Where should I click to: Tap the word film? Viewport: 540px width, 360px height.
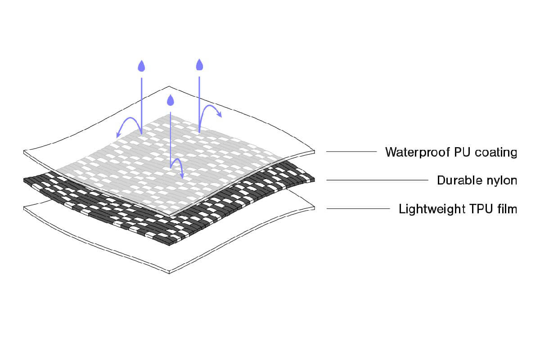pos(507,209)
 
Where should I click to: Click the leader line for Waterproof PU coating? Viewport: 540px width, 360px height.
pos(351,152)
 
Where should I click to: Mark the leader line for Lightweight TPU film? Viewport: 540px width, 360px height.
pos(358,208)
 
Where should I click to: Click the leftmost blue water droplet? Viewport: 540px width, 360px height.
pos(142,67)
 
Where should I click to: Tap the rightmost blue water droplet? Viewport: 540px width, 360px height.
pos(199,65)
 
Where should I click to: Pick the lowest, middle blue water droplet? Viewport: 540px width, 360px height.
pos(171,100)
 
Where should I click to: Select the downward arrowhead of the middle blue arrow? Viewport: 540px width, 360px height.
pos(182,175)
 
